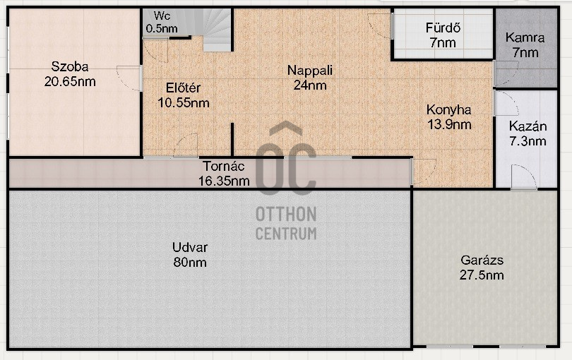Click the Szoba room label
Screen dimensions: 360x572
69,67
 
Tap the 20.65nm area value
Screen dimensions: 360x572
69,81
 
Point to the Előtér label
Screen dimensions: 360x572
184,88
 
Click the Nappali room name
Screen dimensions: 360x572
309,71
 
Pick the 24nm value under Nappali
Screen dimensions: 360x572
309,85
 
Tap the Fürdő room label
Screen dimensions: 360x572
443,29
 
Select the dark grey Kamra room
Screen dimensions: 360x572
525,47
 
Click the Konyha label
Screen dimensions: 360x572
448,110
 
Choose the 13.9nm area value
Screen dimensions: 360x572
448,124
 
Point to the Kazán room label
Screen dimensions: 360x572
528,127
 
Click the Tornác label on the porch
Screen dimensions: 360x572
223,167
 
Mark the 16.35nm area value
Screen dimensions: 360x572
224,181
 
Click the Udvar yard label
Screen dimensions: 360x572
189,248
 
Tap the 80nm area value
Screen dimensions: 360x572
189,262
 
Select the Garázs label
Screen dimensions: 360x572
481,260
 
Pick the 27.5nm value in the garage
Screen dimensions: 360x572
481,275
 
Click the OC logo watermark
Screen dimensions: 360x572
285,161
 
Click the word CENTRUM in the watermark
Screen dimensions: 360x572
285,234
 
